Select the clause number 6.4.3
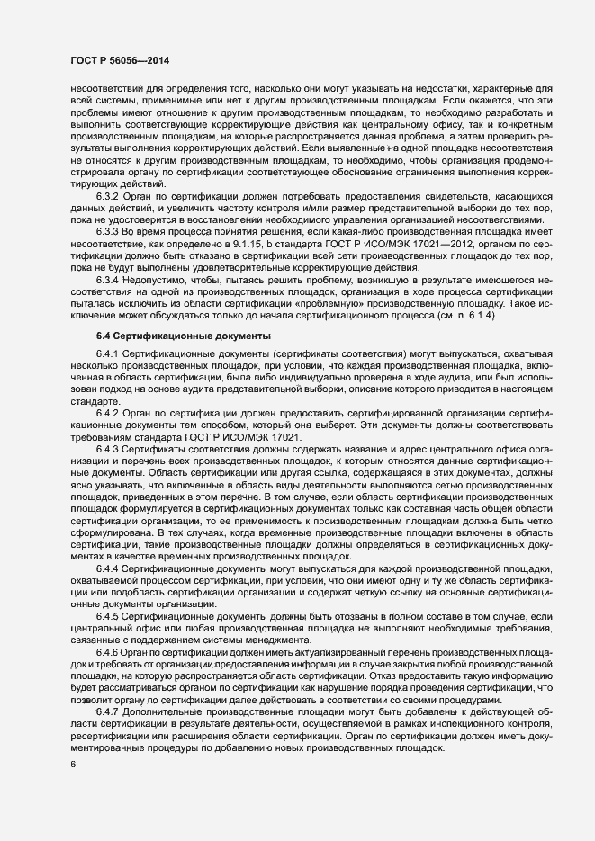[107, 448]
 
